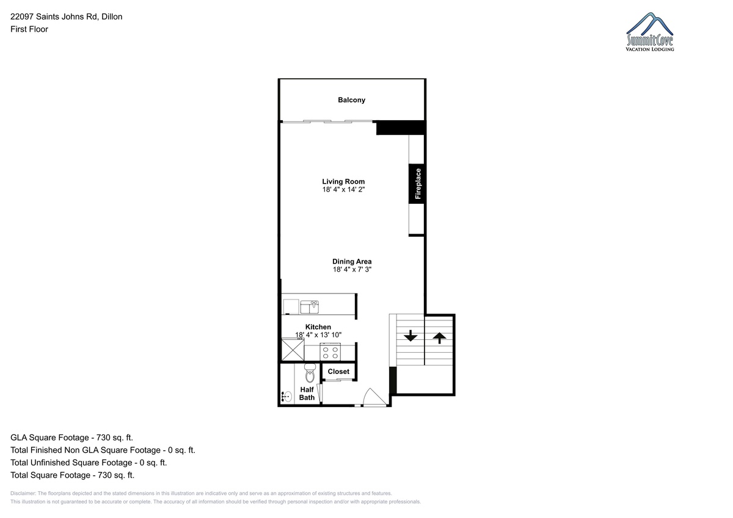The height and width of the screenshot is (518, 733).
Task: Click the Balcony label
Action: coord(351,100)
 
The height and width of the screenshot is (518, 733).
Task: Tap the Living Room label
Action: coord(343,181)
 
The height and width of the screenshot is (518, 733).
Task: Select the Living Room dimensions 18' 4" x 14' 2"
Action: coord(343,190)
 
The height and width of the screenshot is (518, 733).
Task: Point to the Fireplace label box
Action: coord(417,184)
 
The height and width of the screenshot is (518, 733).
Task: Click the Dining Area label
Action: coord(352,262)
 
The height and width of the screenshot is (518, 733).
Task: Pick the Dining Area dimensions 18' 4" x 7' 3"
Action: coord(352,269)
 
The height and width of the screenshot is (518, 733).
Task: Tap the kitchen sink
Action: coord(309,307)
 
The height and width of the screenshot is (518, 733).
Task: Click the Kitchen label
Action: coord(318,327)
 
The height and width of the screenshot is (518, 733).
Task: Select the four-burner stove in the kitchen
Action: coord(330,352)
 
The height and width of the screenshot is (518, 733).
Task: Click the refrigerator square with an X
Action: coord(293,350)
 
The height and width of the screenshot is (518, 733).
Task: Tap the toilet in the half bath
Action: coord(310,373)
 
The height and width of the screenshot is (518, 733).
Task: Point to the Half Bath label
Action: coord(307,394)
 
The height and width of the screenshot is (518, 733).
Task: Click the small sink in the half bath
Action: coord(286,397)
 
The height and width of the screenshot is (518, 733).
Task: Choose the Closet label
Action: coord(338,372)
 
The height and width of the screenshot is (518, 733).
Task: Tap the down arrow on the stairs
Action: coord(410,336)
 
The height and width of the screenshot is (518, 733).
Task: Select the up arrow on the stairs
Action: coord(439,338)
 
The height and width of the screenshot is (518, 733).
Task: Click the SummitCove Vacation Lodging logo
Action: coord(649,32)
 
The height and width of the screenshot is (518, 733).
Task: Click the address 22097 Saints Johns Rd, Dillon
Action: coord(67,16)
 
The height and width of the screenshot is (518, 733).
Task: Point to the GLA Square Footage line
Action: coord(71,437)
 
